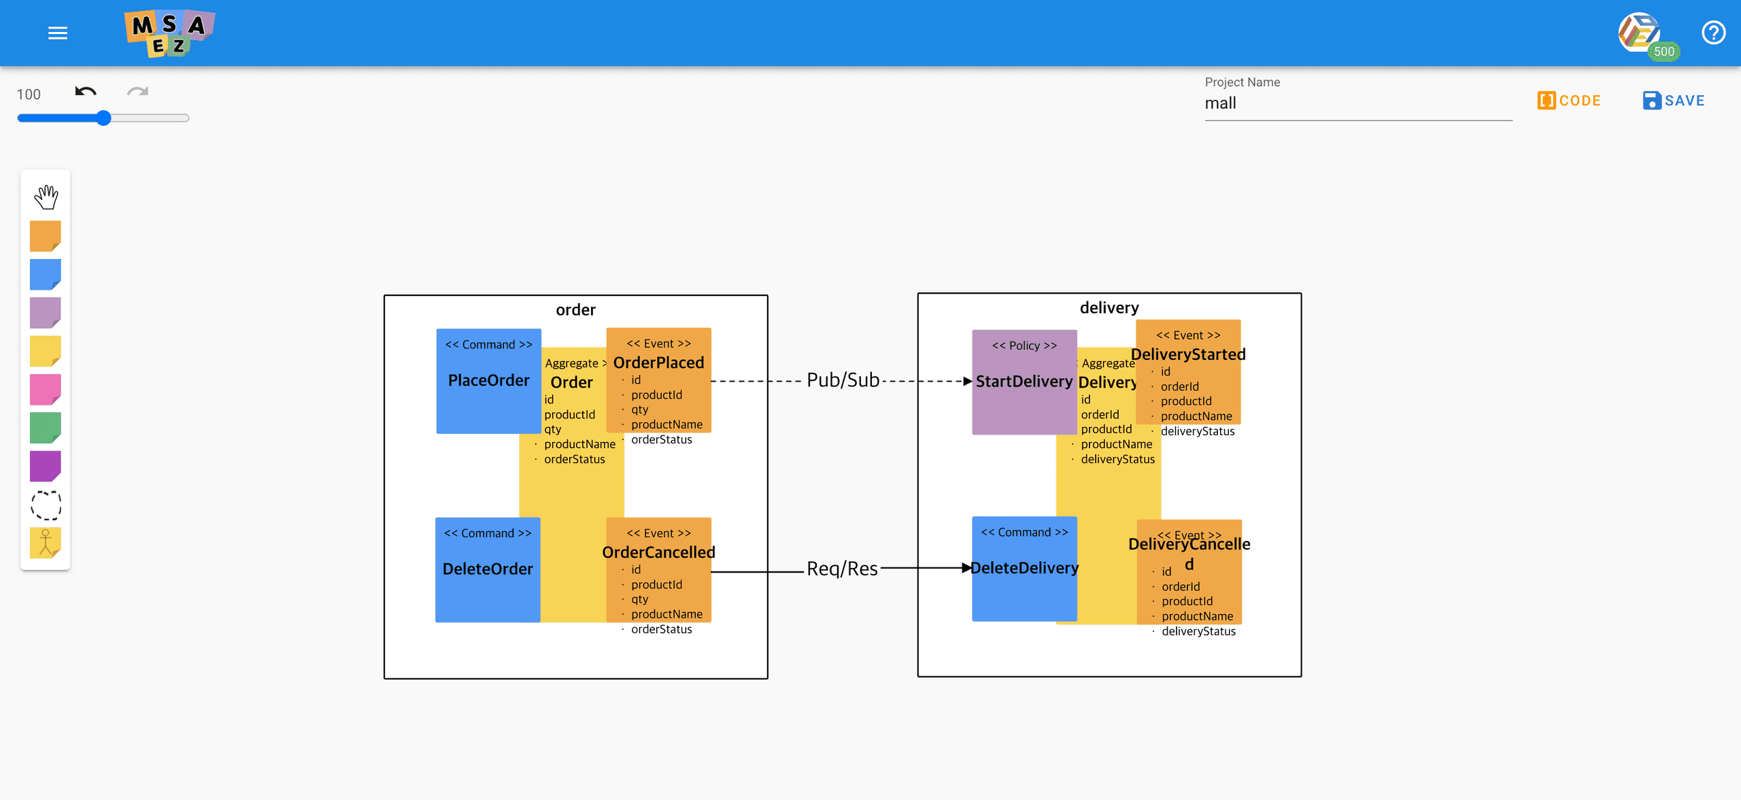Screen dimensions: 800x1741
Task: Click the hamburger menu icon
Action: [x=58, y=33]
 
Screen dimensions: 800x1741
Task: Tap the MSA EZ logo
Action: [x=169, y=33]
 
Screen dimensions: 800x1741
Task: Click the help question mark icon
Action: [x=1713, y=33]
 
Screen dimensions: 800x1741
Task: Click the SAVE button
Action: [x=1674, y=101]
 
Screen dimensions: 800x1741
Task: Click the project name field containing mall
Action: [x=1357, y=103]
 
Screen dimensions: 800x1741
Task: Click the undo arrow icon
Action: [x=86, y=92]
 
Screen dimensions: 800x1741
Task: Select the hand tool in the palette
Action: [x=46, y=197]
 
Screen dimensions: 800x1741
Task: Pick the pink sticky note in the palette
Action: [x=46, y=390]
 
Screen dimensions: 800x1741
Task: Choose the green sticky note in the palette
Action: [x=46, y=428]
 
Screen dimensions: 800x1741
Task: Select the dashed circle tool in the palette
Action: [x=46, y=505]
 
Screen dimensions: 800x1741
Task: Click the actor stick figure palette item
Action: [x=46, y=543]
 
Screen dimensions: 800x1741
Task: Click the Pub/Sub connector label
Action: [x=843, y=380]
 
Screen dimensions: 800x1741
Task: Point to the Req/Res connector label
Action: [x=842, y=569]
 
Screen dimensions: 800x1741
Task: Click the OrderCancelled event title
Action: [x=658, y=552]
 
